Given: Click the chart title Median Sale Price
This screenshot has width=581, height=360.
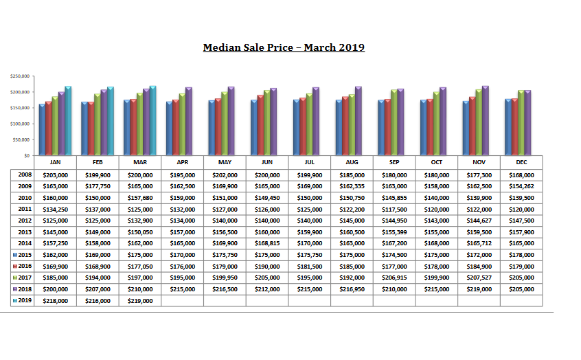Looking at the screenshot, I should pos(284,47).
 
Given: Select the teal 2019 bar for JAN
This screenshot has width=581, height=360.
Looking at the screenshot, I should pos(68,120).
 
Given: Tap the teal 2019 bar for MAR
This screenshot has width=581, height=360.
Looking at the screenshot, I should pos(152,120).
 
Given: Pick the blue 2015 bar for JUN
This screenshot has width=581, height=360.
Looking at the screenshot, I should pos(253,128).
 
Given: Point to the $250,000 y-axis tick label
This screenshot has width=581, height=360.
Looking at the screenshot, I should pos(19,76).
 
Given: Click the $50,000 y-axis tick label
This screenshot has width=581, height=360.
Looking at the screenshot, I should pos(21,139).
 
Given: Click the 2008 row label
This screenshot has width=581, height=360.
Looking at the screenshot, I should pos(25,175).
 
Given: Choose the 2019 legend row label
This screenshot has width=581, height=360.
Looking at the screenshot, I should pos(25,300).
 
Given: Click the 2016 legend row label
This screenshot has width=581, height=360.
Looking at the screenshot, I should pos(25,265).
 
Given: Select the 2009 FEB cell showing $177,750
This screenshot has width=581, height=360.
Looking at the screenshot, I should pos(98,186).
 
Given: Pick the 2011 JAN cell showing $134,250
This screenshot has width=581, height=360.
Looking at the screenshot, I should pos(55,209).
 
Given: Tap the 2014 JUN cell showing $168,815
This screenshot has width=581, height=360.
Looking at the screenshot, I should pos(267,243).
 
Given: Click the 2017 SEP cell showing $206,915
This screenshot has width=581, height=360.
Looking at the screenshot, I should pos(394,277).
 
